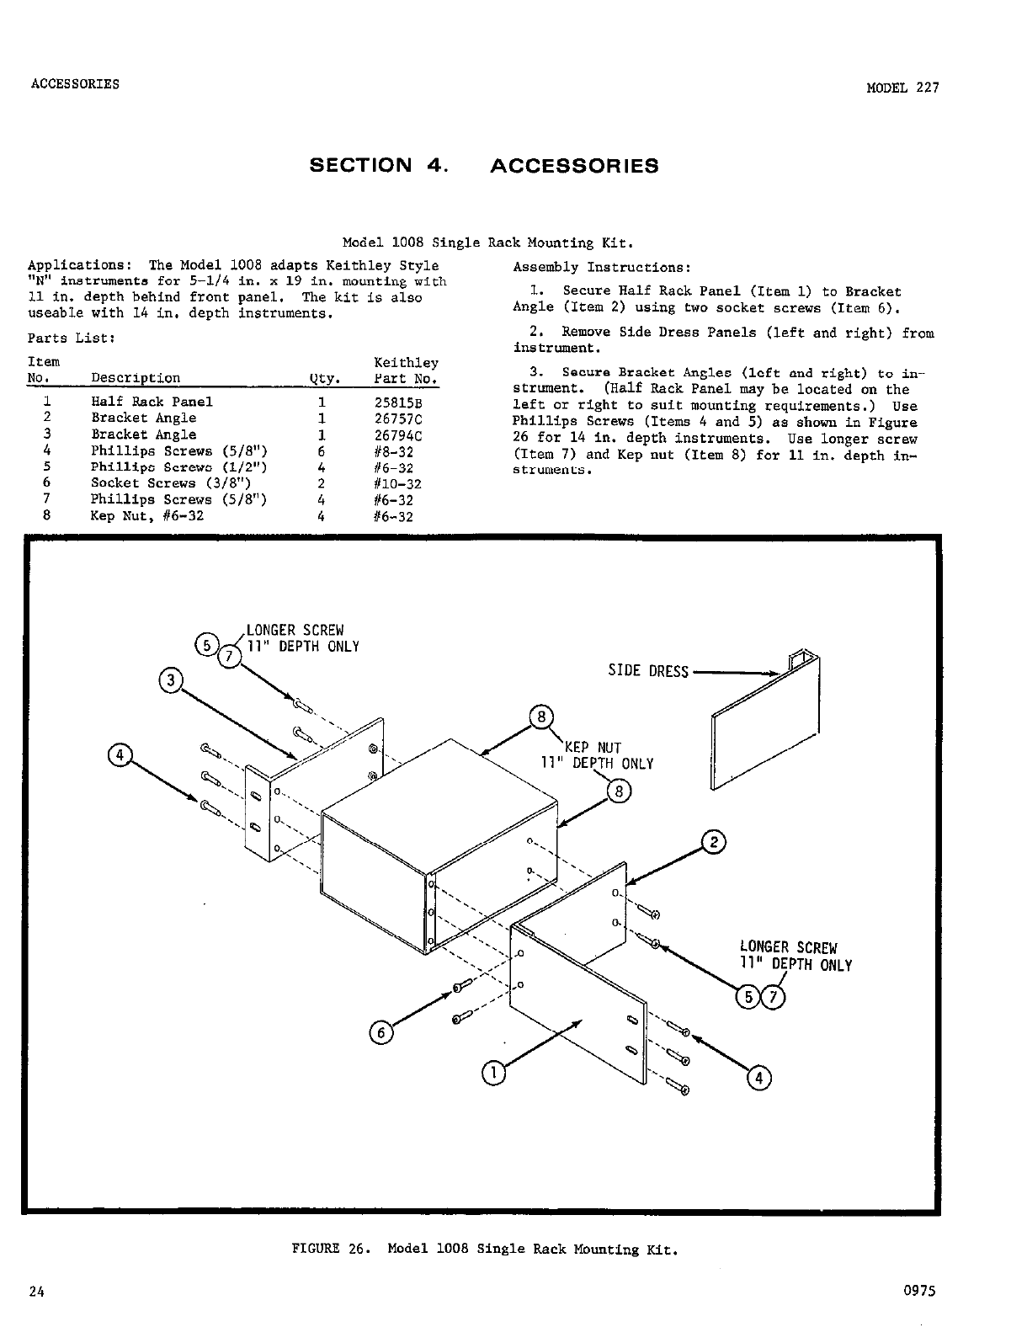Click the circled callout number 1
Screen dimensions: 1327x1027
[x=493, y=1072]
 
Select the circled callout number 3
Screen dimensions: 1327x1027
[x=171, y=680]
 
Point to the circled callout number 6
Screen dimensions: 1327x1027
[x=380, y=1032]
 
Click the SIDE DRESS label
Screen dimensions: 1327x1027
[x=648, y=671]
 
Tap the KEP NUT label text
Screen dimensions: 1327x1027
[x=593, y=748]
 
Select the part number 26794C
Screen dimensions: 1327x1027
[x=397, y=435]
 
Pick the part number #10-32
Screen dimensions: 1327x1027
[x=397, y=484]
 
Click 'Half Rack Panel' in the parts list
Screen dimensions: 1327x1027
[x=152, y=402]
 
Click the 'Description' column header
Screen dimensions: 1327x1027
[x=135, y=379]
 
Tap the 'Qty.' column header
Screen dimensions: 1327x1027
[x=322, y=379]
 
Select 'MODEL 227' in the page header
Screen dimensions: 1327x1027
[x=902, y=88]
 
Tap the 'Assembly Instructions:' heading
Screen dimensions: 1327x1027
[x=602, y=268]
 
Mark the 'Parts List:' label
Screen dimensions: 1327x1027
[x=71, y=338]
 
